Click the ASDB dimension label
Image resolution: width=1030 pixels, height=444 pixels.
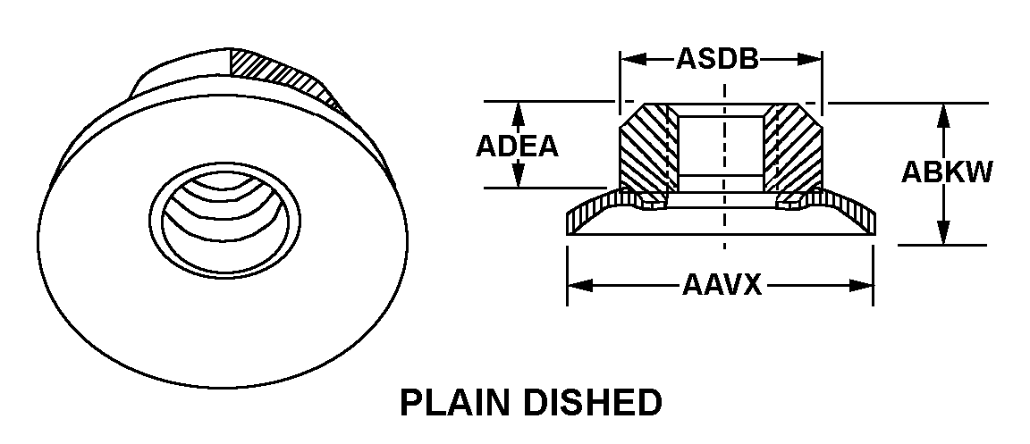[717, 59]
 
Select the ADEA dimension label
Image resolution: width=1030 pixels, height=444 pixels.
[517, 146]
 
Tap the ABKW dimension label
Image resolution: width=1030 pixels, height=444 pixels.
[946, 172]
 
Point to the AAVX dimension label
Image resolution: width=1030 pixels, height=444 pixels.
[721, 286]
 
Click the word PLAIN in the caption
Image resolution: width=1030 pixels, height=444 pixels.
[456, 403]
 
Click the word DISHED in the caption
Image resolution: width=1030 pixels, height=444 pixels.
[591, 403]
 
